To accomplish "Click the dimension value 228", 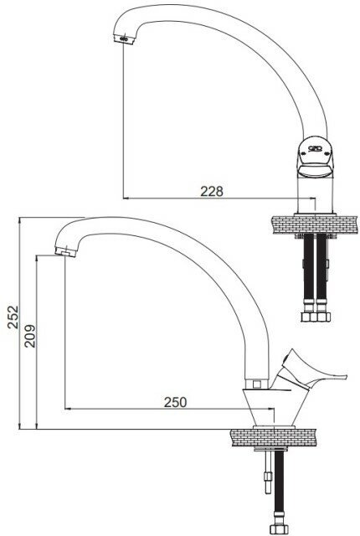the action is [x=212, y=191].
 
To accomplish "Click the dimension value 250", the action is [x=175, y=402].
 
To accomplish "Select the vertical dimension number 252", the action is [x=13, y=317].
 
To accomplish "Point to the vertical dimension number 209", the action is [x=29, y=336].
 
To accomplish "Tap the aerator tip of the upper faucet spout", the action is [x=123, y=39].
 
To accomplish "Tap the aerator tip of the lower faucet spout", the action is [x=65, y=251].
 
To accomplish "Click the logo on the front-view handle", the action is [x=315, y=148].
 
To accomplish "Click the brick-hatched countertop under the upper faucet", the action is [x=315, y=224].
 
